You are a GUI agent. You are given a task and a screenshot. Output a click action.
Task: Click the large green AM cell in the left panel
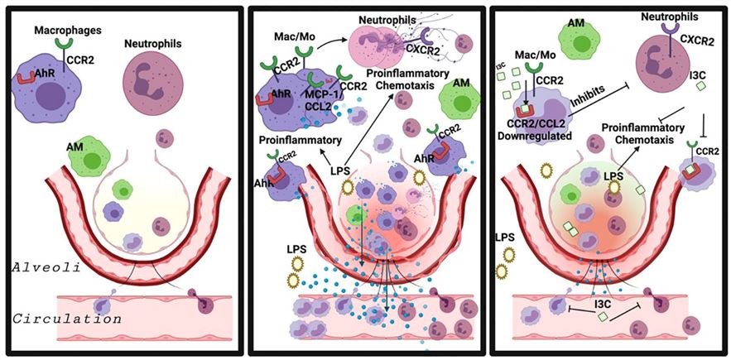point(89,155)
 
